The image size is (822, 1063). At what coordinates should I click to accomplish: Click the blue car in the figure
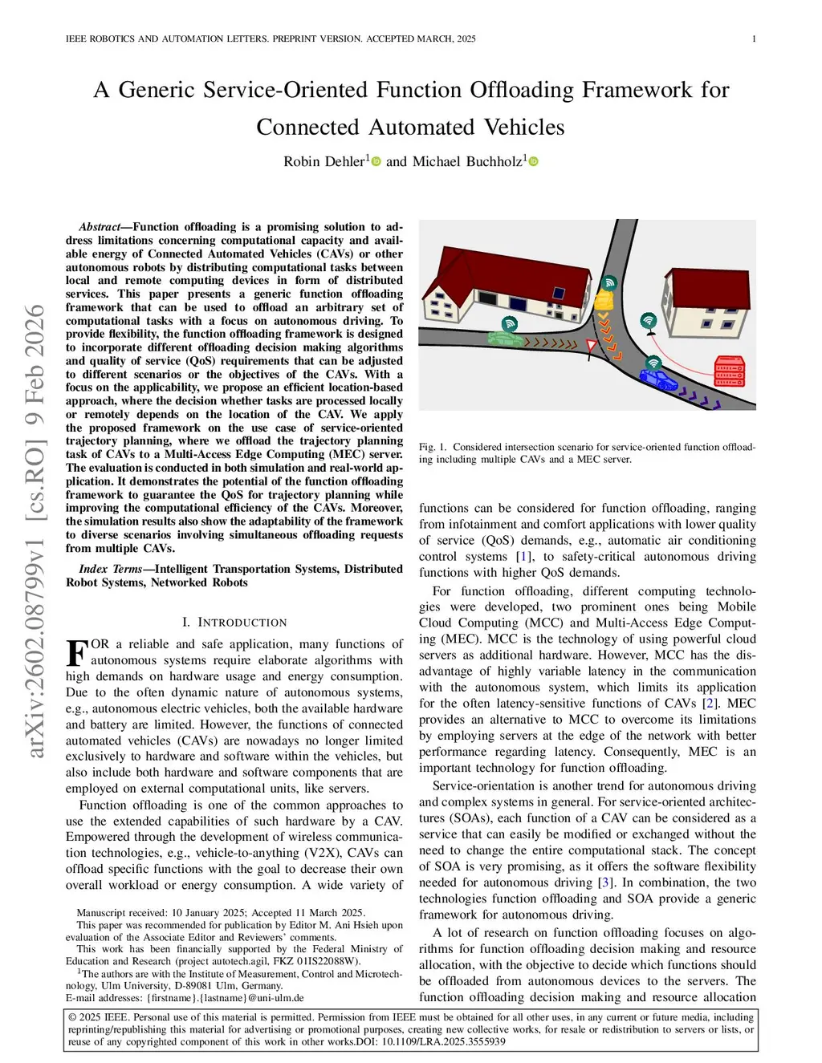658,378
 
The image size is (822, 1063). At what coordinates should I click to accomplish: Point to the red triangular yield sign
592,347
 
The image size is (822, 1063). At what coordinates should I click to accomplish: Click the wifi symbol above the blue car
654,362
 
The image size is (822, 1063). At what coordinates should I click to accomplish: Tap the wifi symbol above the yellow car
610,282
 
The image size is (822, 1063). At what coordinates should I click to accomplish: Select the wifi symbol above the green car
509,324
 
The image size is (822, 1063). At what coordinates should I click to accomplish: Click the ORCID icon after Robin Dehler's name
376,161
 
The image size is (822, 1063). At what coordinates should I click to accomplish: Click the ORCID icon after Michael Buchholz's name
533,161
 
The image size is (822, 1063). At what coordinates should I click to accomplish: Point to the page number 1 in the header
754,39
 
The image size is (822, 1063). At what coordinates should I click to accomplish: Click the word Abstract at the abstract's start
100,227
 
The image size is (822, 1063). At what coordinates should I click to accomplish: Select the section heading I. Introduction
234,623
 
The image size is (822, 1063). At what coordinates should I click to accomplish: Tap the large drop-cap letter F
76,652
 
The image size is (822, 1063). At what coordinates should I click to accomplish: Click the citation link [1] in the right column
523,557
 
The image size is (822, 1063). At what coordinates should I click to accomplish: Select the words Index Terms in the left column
110,569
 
